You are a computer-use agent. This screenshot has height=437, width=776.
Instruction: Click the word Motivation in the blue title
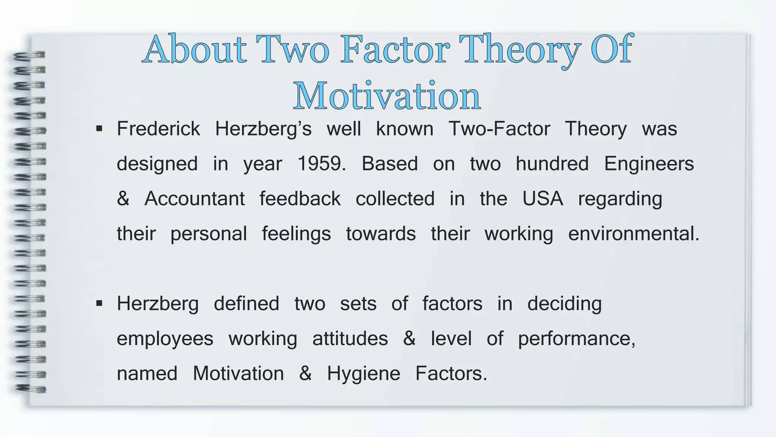point(387,96)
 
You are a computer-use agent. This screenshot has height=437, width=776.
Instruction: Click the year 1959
point(321,164)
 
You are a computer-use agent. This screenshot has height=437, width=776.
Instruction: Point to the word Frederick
point(158,129)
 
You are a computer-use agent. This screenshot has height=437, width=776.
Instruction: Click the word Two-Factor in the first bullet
point(499,129)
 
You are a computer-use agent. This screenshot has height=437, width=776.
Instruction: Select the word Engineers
point(649,164)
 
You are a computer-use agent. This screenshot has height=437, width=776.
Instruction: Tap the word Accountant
point(194,199)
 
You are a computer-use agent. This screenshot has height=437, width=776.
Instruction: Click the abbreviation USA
point(543,199)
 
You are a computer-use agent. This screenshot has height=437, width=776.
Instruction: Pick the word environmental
point(633,234)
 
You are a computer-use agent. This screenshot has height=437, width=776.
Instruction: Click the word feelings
point(296,234)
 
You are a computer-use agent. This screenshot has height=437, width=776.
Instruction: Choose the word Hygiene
point(363,374)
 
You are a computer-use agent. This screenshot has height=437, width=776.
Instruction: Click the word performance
point(576,339)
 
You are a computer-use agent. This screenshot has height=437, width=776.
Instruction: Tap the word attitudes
point(350,339)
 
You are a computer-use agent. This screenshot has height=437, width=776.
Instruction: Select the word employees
point(165,339)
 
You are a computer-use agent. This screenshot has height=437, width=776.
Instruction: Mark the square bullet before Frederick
point(99,129)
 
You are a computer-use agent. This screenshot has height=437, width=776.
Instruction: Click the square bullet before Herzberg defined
point(99,303)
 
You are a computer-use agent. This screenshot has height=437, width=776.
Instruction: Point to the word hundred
point(552,164)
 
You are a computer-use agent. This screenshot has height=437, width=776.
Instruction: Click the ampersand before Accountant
point(123,199)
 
